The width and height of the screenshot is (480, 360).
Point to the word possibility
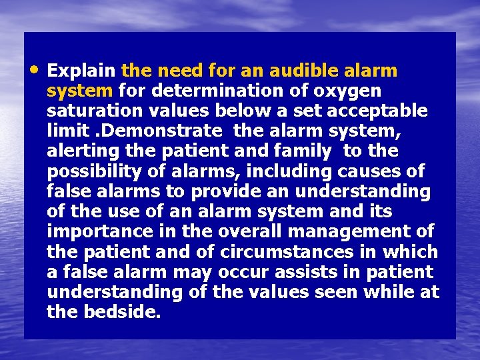(94, 171)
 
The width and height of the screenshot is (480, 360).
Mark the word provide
(224, 191)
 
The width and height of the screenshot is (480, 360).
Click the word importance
(95, 232)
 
